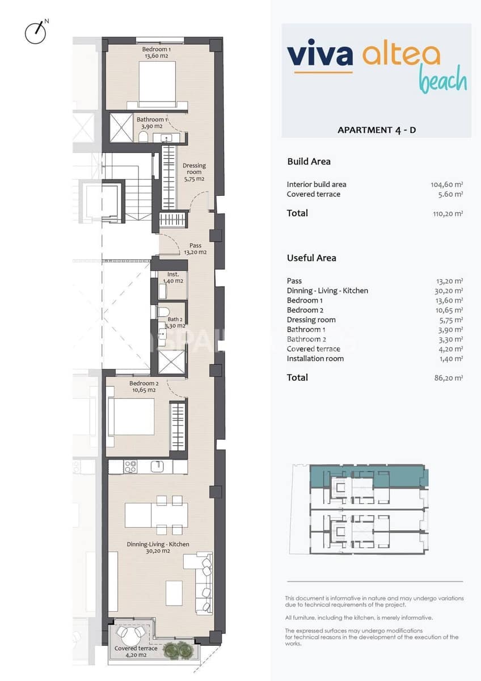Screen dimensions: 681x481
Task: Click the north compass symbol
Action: click(x=36, y=32)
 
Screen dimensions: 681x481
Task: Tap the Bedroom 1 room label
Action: click(x=156, y=53)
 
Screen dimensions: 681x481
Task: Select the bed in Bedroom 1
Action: click(x=157, y=83)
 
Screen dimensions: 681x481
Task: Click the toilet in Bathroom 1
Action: click(x=143, y=137)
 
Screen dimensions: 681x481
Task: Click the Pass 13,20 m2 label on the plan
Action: click(x=195, y=249)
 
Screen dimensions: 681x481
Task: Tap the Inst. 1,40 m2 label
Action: click(x=173, y=278)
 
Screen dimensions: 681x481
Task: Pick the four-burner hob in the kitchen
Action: click(x=130, y=466)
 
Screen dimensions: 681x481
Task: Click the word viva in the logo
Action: click(x=319, y=55)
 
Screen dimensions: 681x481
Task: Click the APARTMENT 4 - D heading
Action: click(x=377, y=130)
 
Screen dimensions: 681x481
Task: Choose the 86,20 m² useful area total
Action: click(x=448, y=377)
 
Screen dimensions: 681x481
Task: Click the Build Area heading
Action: click(x=309, y=162)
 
